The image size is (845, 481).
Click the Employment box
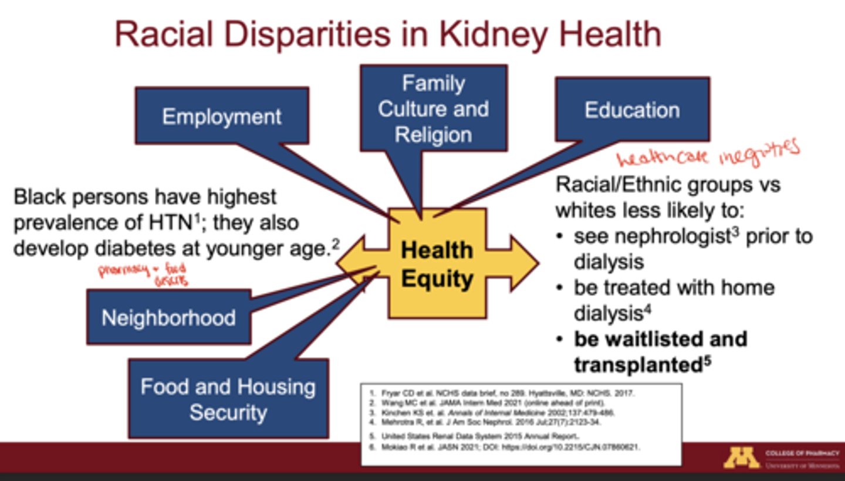click(x=222, y=116)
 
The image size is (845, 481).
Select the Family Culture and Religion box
click(x=433, y=109)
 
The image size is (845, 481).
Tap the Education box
click(x=632, y=110)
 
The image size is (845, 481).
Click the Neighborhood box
click(x=168, y=317)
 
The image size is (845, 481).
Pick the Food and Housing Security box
click(x=228, y=399)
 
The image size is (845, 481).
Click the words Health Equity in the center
click(x=437, y=264)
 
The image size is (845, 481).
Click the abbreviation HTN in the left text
click(x=171, y=223)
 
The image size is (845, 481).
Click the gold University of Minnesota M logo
click(x=741, y=458)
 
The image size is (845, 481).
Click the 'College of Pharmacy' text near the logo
click(x=802, y=453)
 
